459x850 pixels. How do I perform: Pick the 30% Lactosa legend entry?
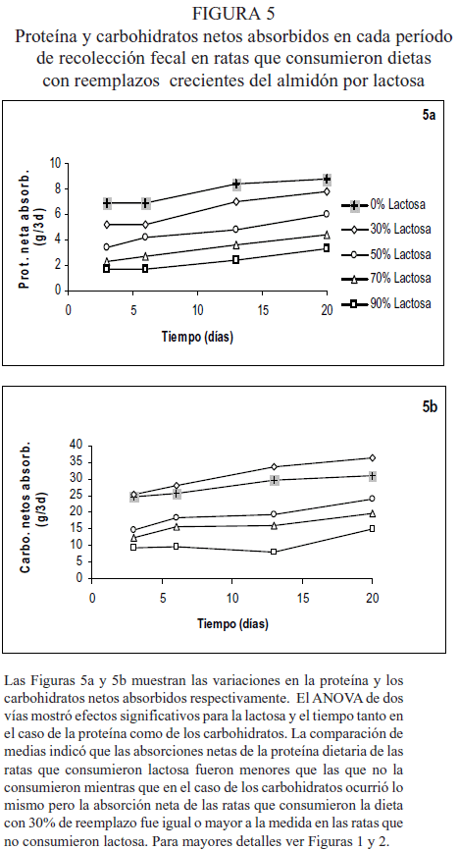click(x=385, y=230)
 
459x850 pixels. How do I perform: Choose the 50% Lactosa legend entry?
click(x=385, y=254)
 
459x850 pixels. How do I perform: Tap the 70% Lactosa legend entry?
click(x=385, y=279)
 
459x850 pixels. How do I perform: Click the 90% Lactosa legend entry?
click(x=385, y=303)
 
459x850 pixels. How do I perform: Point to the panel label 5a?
click(x=430, y=116)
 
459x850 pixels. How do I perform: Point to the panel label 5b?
click(x=430, y=407)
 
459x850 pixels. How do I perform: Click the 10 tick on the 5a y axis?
click(x=55, y=163)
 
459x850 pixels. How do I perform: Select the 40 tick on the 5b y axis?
click(x=76, y=445)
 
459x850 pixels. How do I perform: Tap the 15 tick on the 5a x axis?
click(x=262, y=310)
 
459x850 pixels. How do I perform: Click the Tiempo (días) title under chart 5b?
click(x=231, y=624)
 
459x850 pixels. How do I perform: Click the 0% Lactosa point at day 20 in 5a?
click(x=327, y=180)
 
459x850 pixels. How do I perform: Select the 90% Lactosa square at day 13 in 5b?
click(x=274, y=552)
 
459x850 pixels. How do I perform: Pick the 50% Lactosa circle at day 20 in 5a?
click(x=327, y=214)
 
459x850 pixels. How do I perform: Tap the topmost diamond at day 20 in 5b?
click(x=373, y=458)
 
